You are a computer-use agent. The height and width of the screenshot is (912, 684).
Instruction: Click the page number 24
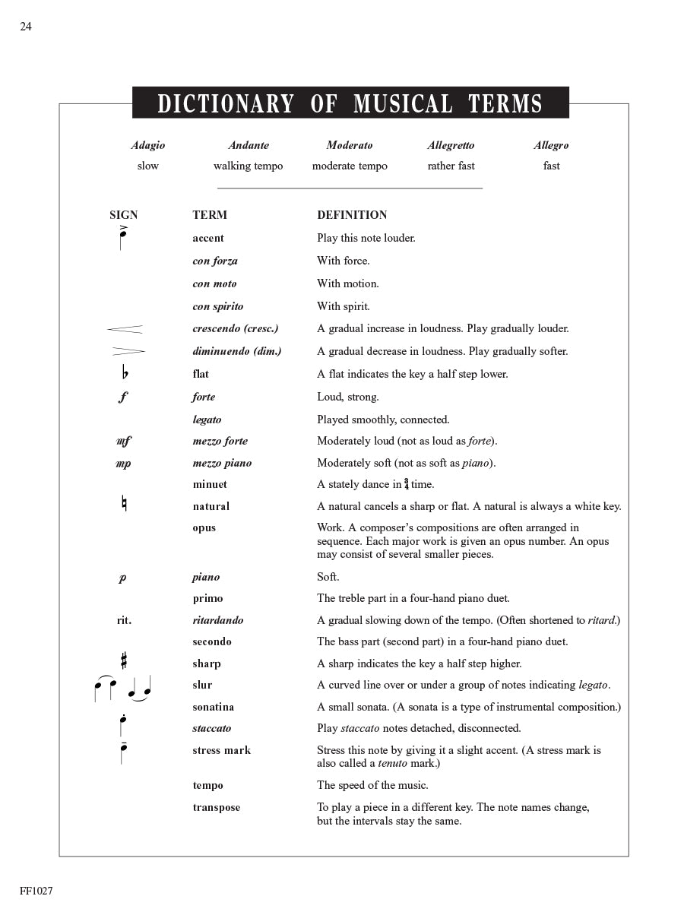click(26, 27)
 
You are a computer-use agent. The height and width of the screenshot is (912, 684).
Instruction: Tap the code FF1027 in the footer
click(36, 891)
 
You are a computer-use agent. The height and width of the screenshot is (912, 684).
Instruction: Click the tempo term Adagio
click(147, 145)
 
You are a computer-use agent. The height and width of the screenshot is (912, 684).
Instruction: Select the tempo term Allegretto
click(451, 145)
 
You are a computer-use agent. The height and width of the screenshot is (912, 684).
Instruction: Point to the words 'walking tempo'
click(248, 166)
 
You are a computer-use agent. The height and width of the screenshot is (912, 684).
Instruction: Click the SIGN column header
click(124, 215)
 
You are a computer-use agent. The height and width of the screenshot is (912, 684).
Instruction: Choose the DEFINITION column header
click(352, 215)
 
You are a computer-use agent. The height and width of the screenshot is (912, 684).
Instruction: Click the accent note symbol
click(122, 238)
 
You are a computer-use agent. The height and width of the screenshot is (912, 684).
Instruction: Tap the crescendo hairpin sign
click(125, 329)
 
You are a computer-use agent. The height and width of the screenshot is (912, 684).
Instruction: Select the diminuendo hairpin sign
click(128, 351)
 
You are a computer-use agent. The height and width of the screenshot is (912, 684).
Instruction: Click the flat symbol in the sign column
click(125, 373)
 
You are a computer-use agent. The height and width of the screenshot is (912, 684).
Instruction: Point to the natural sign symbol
click(124, 504)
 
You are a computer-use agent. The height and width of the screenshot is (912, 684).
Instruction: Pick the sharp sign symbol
click(124, 661)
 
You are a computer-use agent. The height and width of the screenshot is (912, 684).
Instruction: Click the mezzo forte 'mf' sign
click(123, 441)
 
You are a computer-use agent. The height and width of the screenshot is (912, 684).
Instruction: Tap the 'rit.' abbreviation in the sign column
click(124, 620)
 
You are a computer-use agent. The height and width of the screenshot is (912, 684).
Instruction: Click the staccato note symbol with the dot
click(122, 725)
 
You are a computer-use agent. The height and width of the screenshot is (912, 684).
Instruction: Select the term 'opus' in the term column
click(204, 528)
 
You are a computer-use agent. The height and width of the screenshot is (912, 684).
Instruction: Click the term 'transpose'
click(216, 807)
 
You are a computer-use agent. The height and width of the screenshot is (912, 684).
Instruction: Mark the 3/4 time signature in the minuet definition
click(407, 484)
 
